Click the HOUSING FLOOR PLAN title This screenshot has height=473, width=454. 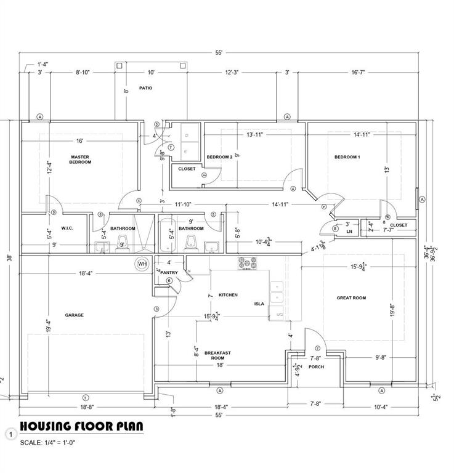coord(82,426)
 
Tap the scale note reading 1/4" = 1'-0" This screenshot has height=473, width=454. coord(48,442)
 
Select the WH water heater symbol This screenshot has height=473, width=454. coord(142,264)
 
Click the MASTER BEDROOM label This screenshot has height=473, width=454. coord(80,160)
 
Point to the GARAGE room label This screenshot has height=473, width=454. coord(75,315)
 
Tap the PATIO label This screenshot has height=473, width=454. coord(145,88)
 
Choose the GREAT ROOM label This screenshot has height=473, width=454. coord(351,298)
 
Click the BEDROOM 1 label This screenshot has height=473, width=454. coord(347,157)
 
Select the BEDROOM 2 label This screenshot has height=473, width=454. coord(219,157)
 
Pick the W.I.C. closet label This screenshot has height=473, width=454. coord(67,228)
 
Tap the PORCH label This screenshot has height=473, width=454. coord(317,367)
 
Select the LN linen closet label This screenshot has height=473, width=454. coord(349,232)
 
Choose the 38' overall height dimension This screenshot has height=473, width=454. coord(8,259)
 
